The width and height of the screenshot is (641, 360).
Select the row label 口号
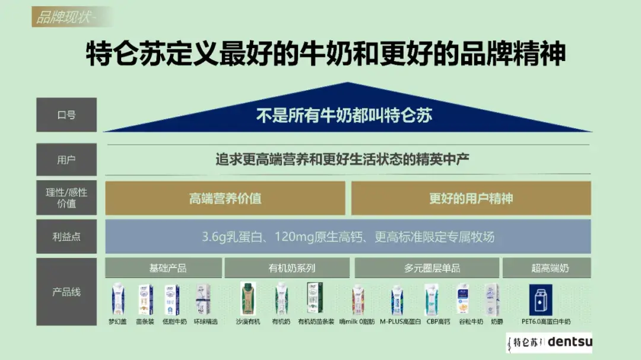tap(66, 115)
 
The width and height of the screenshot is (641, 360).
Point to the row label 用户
tap(66, 160)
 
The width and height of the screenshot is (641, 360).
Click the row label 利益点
tap(66, 237)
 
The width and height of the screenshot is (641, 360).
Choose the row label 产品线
tap(66, 292)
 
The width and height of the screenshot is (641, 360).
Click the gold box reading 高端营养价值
tap(225, 199)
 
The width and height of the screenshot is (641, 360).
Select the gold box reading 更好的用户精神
tap(471, 199)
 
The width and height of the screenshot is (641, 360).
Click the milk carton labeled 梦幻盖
tap(118, 298)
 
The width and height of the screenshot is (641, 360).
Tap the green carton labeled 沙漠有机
tap(248, 298)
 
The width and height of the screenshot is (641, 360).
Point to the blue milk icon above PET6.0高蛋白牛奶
tap(541, 299)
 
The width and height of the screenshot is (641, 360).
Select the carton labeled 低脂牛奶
tap(172, 299)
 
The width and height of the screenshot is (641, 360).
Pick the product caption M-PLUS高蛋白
tap(401, 321)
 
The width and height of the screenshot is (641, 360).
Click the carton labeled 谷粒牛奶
tap(464, 298)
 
